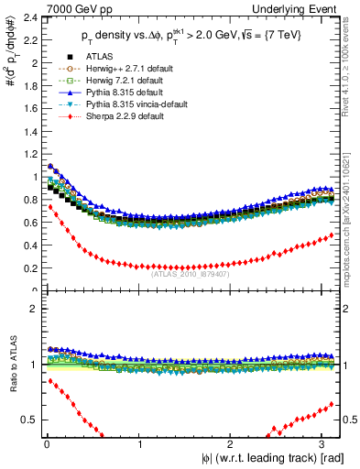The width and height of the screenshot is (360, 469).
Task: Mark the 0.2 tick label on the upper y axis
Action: point(28,267)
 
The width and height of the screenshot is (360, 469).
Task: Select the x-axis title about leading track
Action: point(272,458)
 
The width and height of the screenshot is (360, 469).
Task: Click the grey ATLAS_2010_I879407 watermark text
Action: point(190,273)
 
